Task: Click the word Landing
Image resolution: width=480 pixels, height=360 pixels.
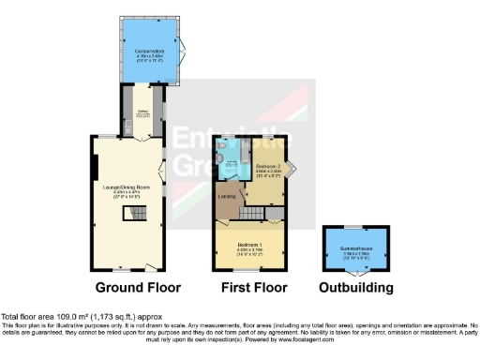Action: (227, 196)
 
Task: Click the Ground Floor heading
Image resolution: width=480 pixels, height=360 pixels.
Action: (138, 288)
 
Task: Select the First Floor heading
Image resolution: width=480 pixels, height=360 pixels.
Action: (253, 288)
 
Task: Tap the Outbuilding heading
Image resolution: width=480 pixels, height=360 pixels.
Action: (355, 288)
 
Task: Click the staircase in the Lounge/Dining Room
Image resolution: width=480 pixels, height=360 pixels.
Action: (129, 215)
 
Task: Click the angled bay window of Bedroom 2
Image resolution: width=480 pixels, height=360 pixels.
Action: (290, 170)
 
